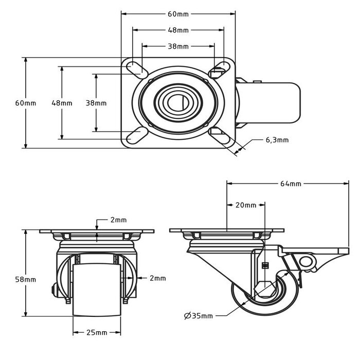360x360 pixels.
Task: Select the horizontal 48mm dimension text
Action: (x=178, y=30)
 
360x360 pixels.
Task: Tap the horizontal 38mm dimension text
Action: (x=178, y=46)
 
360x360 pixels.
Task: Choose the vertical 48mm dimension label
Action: (x=62, y=103)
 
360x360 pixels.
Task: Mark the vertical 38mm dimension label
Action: (x=96, y=103)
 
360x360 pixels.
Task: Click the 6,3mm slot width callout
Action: (x=277, y=140)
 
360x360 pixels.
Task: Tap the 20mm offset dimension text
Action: (x=246, y=205)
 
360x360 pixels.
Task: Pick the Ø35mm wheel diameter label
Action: (x=199, y=315)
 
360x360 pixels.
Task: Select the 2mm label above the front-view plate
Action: (x=118, y=220)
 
